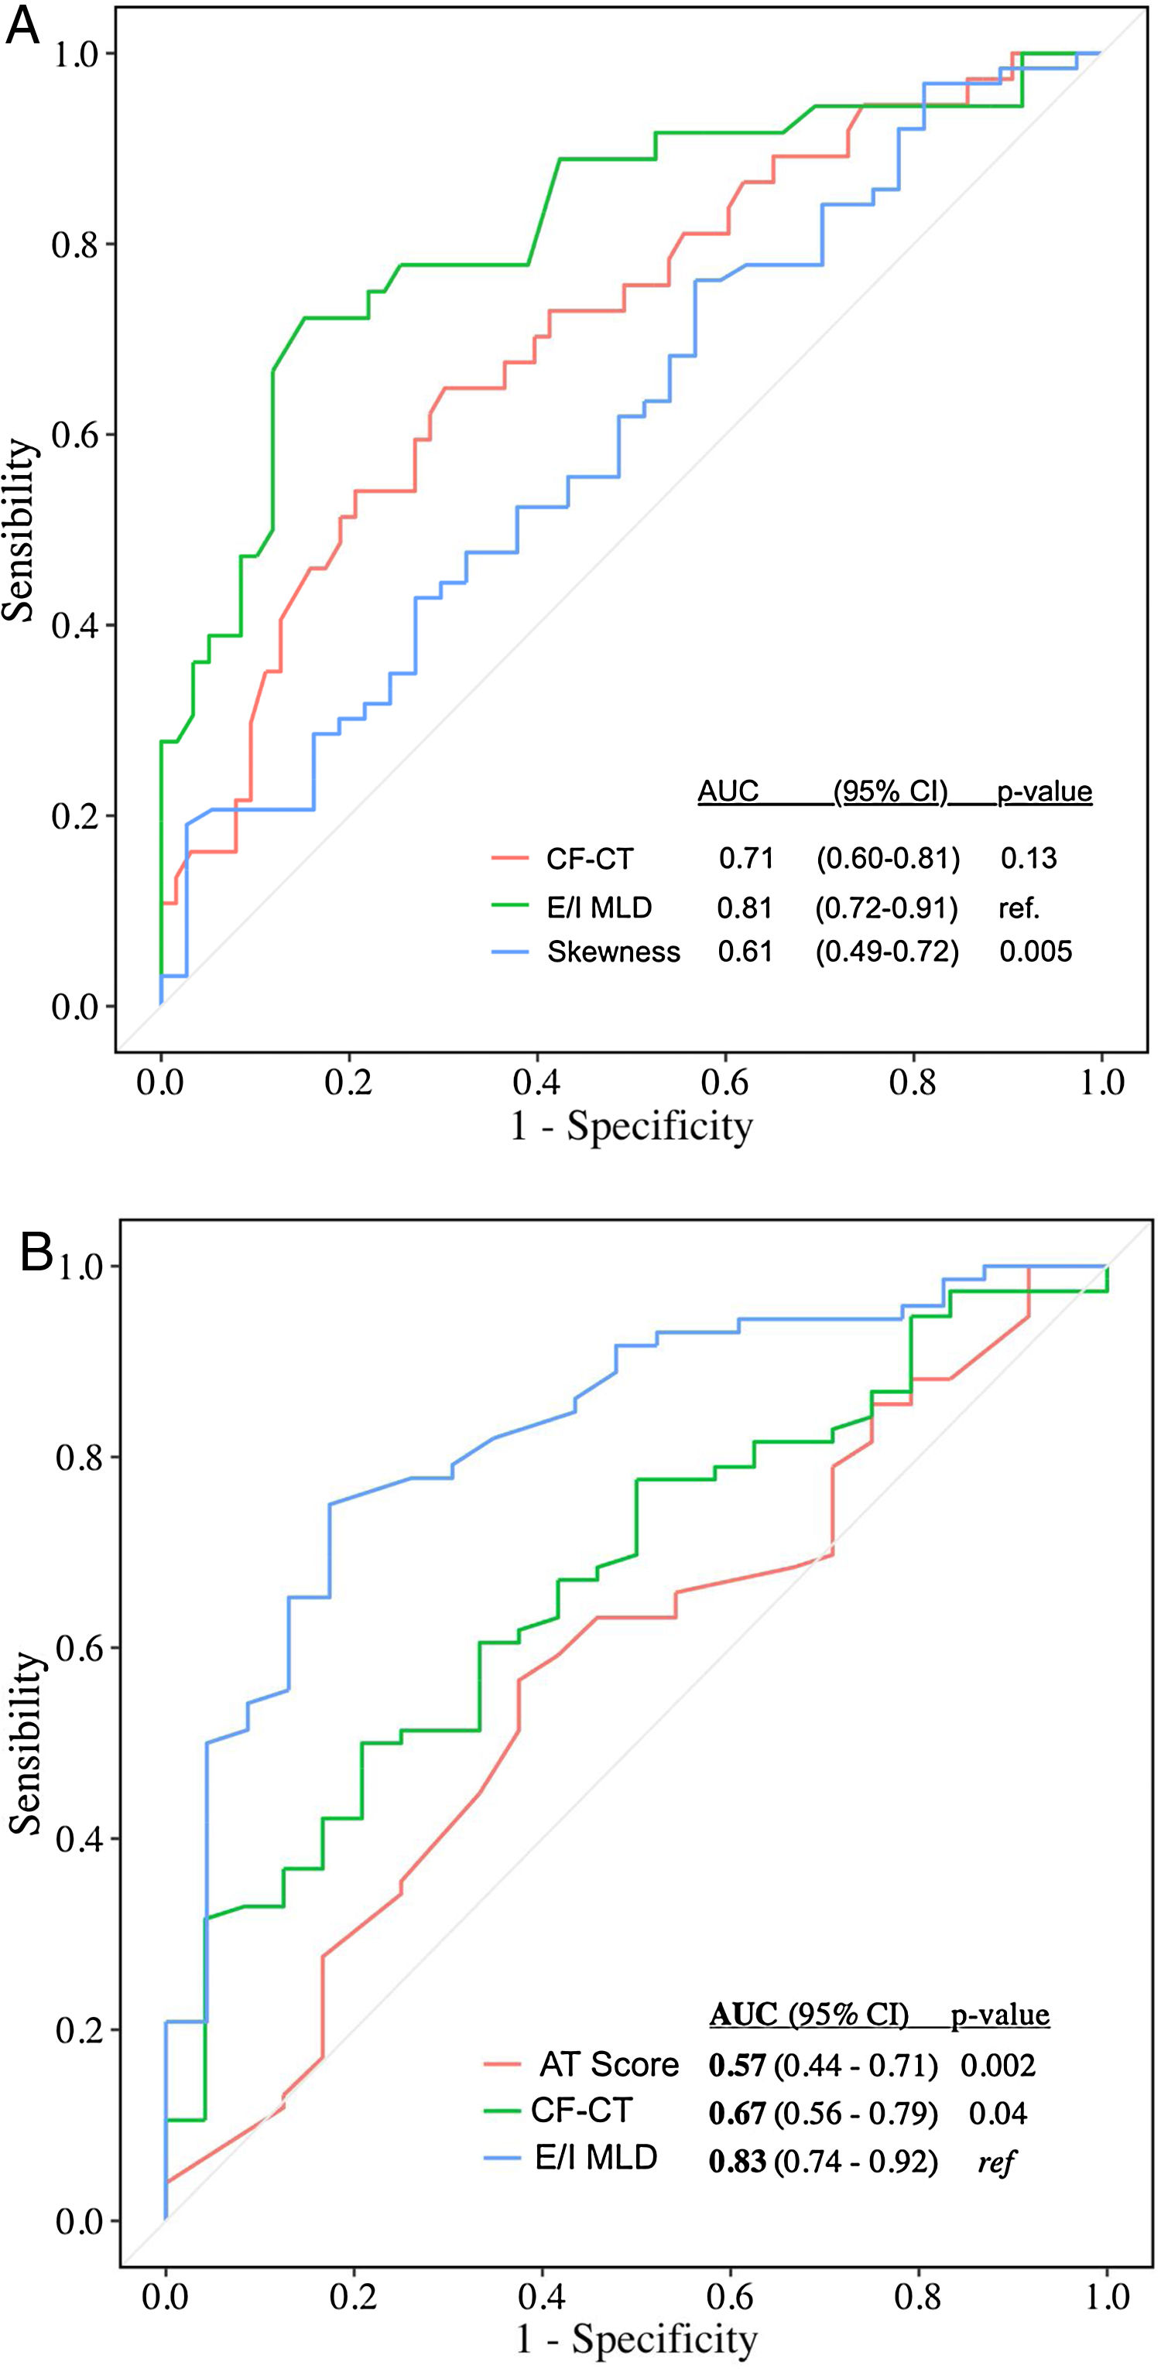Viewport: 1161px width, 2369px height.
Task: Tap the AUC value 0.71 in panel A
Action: pos(746,858)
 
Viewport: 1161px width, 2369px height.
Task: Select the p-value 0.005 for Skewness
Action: pos(1036,951)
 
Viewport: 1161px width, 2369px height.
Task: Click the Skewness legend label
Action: pos(614,952)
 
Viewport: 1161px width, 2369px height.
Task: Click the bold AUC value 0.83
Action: pos(737,2160)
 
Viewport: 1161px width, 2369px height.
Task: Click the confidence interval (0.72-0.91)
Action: pos(887,908)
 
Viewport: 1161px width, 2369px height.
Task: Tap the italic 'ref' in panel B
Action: pos(995,2160)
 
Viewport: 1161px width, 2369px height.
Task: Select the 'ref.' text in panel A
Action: pos(1019,908)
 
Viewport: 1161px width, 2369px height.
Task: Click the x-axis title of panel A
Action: pos(632,1126)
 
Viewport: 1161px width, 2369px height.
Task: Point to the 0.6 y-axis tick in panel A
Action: pos(75,434)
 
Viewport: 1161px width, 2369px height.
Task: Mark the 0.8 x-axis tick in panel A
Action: pos(913,1082)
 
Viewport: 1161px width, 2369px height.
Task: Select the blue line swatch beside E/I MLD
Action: pos(504,2159)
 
